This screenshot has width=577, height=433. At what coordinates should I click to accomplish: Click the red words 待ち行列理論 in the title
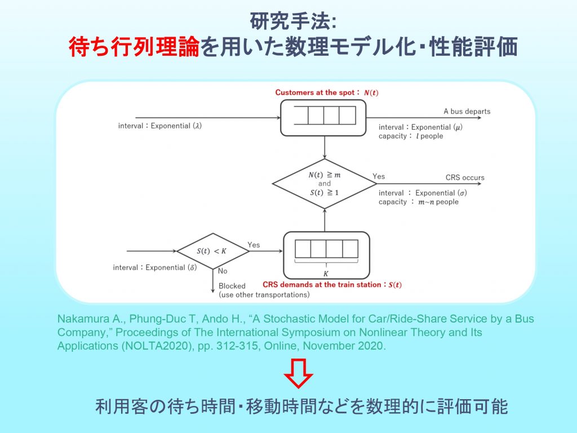click(x=134, y=47)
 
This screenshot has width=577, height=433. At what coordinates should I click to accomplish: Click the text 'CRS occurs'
click(x=465, y=177)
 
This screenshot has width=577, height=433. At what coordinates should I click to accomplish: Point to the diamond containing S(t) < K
click(x=213, y=251)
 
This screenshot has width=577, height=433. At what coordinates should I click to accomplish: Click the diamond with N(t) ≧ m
click(x=325, y=183)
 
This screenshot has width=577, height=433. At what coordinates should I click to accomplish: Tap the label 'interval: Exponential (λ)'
click(x=159, y=126)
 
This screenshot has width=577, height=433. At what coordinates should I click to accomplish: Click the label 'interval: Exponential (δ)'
click(x=155, y=267)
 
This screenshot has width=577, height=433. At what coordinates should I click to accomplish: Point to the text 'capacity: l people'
click(x=411, y=136)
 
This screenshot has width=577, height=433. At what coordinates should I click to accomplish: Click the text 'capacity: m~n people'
click(x=418, y=202)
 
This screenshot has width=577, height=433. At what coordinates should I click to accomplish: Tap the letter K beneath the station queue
click(x=326, y=273)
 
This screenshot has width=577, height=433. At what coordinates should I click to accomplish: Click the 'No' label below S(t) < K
click(x=223, y=271)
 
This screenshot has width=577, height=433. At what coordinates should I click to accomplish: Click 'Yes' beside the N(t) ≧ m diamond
click(x=379, y=176)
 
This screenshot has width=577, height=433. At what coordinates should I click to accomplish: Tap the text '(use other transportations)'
click(x=264, y=294)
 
